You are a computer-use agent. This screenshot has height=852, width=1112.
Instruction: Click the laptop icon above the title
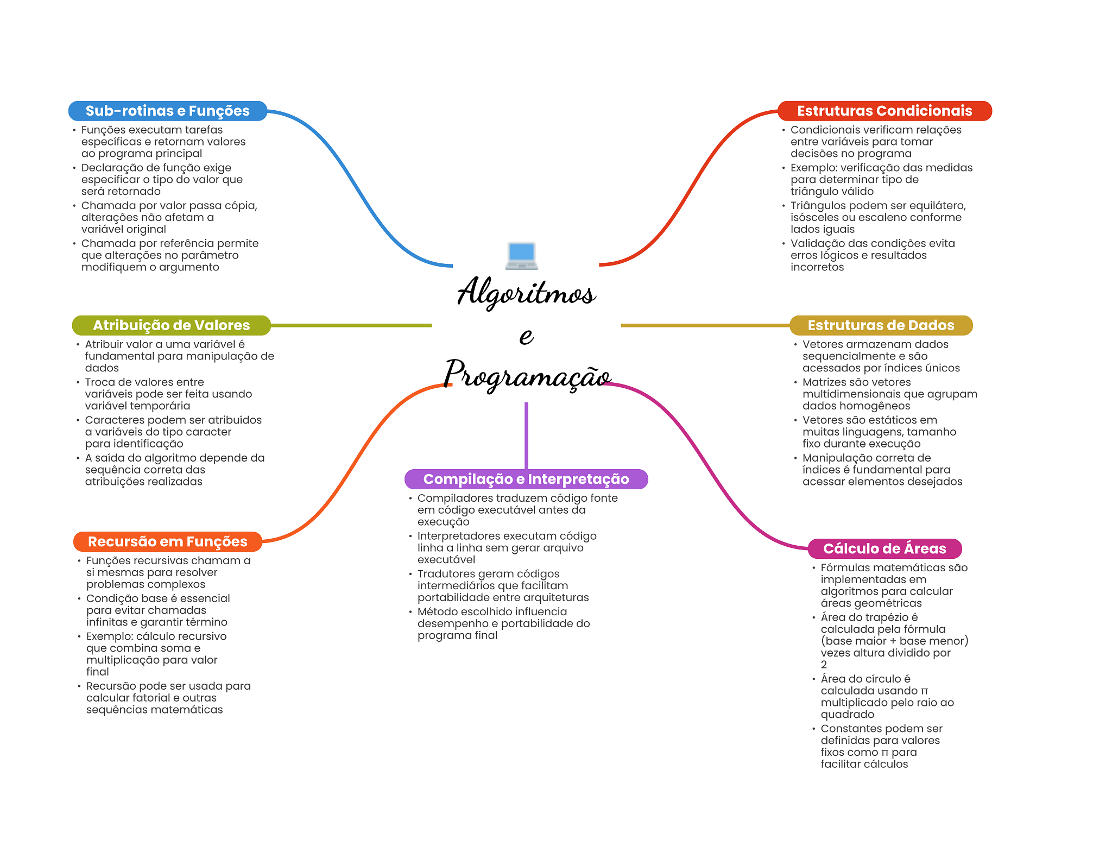click(521, 256)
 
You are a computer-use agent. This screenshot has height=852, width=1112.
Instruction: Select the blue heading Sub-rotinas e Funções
click(168, 111)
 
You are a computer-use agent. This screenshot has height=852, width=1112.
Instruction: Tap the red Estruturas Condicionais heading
click(884, 111)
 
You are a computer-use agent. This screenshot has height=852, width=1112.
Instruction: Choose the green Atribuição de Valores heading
click(172, 325)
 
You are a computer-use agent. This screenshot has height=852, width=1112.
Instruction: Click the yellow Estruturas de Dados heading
click(881, 325)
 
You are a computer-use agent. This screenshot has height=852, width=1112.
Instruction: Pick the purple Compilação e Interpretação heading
click(526, 479)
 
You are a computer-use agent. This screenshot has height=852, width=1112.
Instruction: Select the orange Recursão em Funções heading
click(168, 541)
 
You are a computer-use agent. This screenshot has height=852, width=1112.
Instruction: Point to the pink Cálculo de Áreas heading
click(884, 548)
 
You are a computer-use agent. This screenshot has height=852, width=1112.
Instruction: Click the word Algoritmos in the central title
click(526, 292)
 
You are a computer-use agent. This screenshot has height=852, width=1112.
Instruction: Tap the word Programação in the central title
click(527, 375)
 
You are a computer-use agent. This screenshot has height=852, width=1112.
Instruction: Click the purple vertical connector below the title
click(526, 436)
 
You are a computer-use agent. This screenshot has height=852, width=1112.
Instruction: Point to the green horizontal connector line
click(351, 325)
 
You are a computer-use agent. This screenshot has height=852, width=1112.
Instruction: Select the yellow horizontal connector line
click(705, 325)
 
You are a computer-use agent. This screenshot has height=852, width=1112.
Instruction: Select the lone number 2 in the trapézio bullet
click(824, 665)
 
